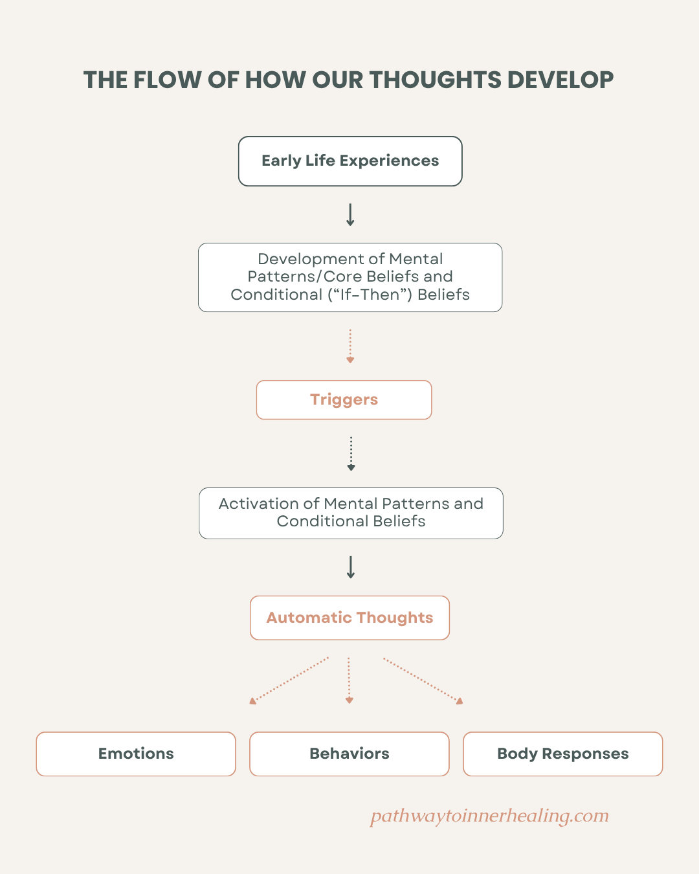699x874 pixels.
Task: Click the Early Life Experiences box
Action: (x=350, y=161)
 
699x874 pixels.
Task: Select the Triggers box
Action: (x=344, y=399)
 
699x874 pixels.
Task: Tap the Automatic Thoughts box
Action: (x=349, y=618)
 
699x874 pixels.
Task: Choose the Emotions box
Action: (x=136, y=754)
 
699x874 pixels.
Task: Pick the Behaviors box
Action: (x=349, y=754)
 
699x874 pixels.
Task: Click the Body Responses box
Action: (x=563, y=754)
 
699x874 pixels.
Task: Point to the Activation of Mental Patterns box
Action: (x=351, y=513)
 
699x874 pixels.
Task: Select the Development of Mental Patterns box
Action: (x=350, y=277)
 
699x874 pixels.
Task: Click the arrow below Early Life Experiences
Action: (x=350, y=214)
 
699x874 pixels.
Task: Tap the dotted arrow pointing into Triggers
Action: (x=350, y=346)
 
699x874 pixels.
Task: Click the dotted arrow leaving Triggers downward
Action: (x=351, y=454)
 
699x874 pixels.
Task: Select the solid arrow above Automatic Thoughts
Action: (x=351, y=567)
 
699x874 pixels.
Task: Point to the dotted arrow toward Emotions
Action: (x=289, y=680)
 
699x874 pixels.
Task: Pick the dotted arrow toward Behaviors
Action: (x=349, y=680)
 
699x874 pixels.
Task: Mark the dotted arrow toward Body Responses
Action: (x=423, y=680)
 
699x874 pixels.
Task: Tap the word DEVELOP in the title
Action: (x=560, y=80)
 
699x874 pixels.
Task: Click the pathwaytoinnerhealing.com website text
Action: (x=489, y=816)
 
